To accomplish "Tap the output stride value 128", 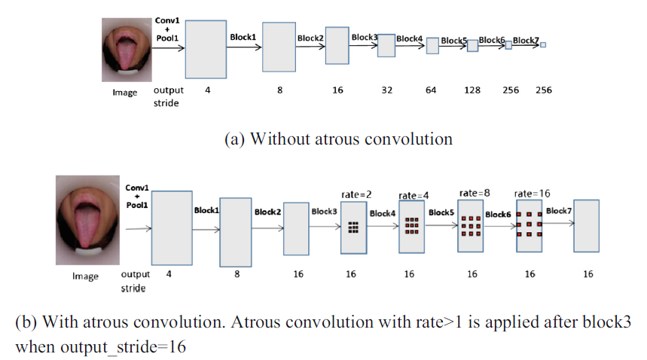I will point(472,90).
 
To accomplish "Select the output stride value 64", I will point(431,90).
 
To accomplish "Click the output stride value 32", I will point(387,90).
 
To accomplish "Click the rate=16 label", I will point(531,194).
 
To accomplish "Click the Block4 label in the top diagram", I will point(409,38).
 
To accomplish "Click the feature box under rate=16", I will point(530,226).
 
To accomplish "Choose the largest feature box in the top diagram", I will point(206,49).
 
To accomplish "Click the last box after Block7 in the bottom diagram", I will point(586,225).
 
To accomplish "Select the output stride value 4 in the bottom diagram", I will point(169,274).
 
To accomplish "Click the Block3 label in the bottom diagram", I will point(324,212).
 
